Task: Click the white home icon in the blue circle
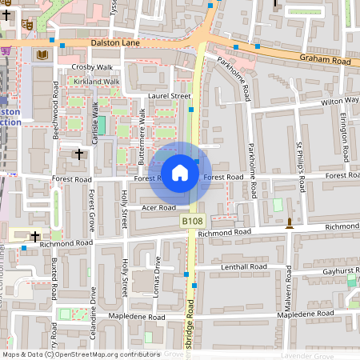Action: click(180, 172)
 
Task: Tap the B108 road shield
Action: click(191, 221)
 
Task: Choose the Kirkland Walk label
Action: click(97, 82)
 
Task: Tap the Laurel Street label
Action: click(169, 96)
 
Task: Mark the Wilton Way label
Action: click(340, 102)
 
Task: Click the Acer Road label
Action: click(158, 207)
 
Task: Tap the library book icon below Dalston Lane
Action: click(41, 54)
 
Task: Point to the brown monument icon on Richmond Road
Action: click(289, 226)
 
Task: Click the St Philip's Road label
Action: click(301, 166)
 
